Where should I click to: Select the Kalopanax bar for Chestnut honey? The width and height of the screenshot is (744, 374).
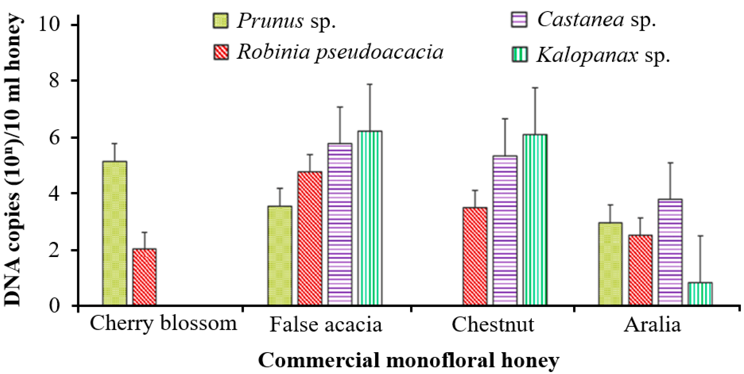tap(535, 219)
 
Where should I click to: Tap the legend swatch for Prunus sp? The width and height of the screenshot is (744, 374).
tap(221, 20)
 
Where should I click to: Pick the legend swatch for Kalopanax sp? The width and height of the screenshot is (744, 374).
tap(519, 55)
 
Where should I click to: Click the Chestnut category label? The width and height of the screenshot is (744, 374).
tap(493, 325)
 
